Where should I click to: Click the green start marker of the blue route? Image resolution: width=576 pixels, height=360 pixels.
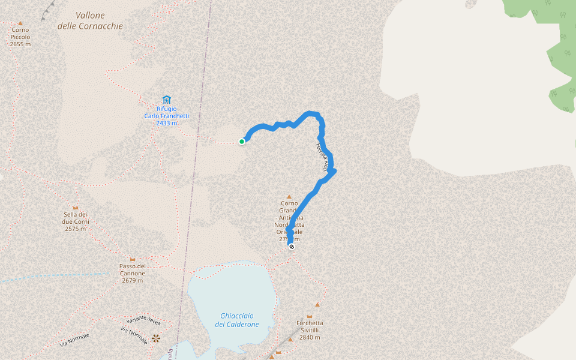[x=242, y=142]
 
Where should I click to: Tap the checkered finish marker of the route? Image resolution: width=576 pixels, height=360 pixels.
[x=292, y=247]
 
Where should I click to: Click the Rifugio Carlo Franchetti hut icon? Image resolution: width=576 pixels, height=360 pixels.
[x=166, y=100]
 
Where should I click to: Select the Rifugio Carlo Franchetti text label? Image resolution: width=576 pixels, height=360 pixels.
[x=166, y=116]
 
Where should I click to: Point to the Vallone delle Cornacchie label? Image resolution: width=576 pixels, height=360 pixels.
[x=90, y=21]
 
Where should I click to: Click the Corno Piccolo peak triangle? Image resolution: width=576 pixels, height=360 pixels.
[x=20, y=23]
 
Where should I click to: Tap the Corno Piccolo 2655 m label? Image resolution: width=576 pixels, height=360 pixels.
[x=20, y=37]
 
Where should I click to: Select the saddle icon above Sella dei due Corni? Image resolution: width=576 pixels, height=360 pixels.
[x=76, y=207]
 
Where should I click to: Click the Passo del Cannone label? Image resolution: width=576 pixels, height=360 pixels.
[x=133, y=273]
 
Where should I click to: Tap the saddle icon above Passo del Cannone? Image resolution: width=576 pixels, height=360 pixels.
[x=133, y=259]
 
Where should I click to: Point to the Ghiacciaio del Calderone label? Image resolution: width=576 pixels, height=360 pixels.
[x=237, y=320]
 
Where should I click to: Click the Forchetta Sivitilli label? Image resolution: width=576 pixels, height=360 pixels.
[x=310, y=330]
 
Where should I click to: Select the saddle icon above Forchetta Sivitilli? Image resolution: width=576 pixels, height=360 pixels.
[x=310, y=316]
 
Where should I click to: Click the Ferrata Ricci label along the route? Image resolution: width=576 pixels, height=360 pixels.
[x=322, y=158]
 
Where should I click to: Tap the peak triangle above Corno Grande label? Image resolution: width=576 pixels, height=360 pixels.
[x=289, y=197]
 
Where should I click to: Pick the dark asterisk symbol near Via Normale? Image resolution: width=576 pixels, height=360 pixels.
[x=156, y=338]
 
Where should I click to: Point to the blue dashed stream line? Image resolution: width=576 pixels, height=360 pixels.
[x=54, y=277]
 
